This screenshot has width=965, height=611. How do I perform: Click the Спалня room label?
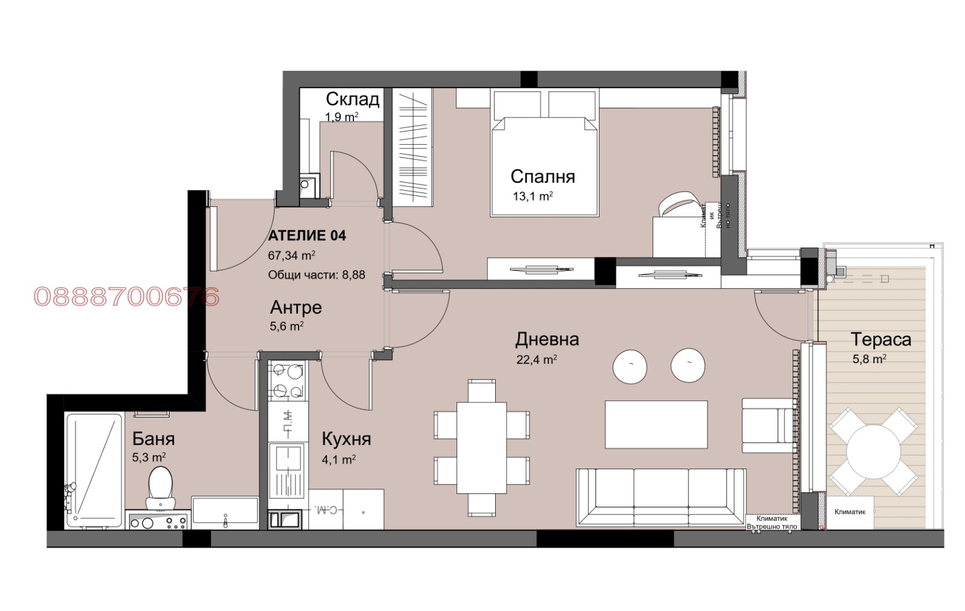tap(542, 176)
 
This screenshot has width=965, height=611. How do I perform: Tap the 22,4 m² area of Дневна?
tap(536, 360)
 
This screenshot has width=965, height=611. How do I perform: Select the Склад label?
tap(352, 99)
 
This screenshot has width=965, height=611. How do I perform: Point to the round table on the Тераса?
tap(874, 452)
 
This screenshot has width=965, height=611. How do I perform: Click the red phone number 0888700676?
tap(127, 297)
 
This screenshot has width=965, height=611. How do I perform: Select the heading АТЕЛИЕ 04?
tap(307, 236)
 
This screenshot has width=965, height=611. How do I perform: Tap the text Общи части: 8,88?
tap(316, 275)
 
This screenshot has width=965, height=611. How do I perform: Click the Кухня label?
tap(346, 438)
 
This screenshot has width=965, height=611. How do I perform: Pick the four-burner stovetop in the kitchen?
tap(286, 381)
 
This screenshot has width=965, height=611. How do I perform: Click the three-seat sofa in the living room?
tap(660, 497)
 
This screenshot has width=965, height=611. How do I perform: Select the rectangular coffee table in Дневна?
tap(656, 424)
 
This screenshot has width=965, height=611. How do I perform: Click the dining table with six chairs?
tap(481, 447)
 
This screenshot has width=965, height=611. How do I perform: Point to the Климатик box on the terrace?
tap(849, 512)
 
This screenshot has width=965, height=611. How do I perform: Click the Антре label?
tap(296, 308)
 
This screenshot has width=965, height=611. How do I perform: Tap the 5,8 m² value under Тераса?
tap(868, 359)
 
